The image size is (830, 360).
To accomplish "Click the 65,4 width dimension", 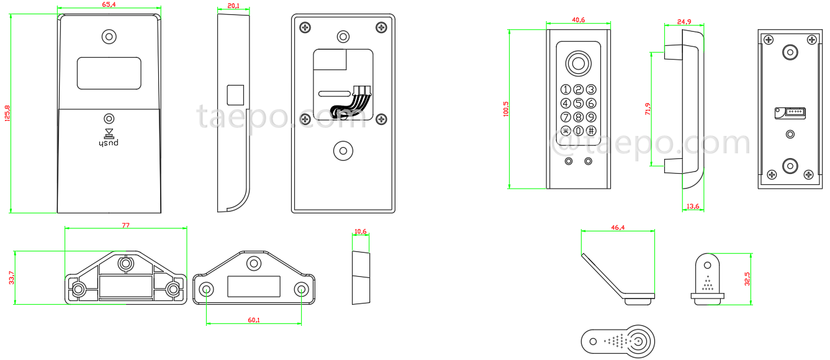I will pyautogui.click(x=108, y=5).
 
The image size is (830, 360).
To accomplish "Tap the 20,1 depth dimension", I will pyautogui.click(x=233, y=6).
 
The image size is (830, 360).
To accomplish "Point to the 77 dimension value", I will pyautogui.click(x=125, y=225).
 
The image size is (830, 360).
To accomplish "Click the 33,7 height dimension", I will pyautogui.click(x=11, y=278).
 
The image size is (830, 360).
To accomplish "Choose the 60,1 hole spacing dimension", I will pyautogui.click(x=253, y=320).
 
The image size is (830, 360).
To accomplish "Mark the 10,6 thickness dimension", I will pyautogui.click(x=360, y=232).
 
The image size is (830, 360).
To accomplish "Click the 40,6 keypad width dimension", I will pyautogui.click(x=578, y=20).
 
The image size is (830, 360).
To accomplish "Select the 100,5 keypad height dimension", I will pyautogui.click(x=506, y=109).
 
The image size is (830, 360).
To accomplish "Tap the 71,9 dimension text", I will pyautogui.click(x=647, y=109).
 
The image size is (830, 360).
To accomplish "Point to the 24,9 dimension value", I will pyautogui.click(x=683, y=22).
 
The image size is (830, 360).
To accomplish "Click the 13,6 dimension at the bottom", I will pyautogui.click(x=693, y=206).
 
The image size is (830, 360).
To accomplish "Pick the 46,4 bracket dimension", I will pyautogui.click(x=618, y=228).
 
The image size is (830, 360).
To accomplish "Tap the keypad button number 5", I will pyautogui.click(x=578, y=103).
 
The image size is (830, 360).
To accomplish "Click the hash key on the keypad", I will pyautogui.click(x=591, y=130).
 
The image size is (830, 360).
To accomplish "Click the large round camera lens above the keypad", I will pyautogui.click(x=578, y=64).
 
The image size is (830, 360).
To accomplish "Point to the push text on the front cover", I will pyautogui.click(x=109, y=143).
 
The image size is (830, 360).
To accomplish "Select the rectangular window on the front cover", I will pyautogui.click(x=109, y=73).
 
